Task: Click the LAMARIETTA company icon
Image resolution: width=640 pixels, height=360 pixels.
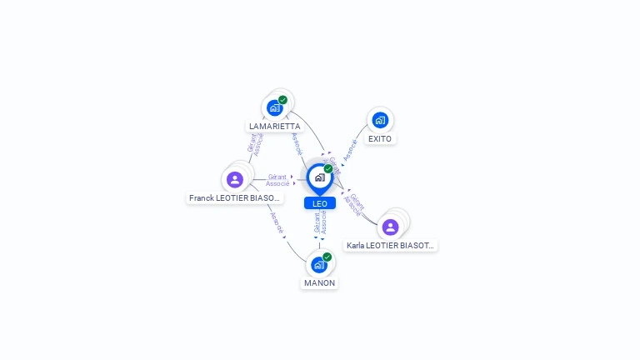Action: click(274, 107)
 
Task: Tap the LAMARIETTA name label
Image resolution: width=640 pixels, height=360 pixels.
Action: click(274, 127)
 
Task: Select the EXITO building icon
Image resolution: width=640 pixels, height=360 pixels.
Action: click(380, 120)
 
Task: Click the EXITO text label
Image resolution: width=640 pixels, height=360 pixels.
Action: click(380, 139)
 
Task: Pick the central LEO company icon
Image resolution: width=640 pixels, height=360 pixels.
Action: click(319, 177)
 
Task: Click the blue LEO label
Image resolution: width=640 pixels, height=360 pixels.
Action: click(320, 203)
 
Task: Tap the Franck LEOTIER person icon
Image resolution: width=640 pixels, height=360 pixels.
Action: click(235, 179)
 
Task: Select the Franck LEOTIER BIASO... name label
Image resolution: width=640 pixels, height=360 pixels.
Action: click(235, 198)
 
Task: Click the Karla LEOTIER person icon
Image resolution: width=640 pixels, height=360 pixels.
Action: click(390, 227)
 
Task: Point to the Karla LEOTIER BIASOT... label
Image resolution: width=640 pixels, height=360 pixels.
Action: click(391, 246)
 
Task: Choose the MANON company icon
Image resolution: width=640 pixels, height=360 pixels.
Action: click(319, 265)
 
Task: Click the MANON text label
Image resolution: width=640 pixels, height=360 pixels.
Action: click(319, 283)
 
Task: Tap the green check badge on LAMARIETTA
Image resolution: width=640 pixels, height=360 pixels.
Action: click(282, 100)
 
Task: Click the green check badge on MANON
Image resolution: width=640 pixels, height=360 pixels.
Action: click(327, 257)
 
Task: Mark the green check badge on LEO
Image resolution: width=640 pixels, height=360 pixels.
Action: click(328, 168)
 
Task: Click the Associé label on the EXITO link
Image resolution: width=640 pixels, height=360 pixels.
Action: click(351, 149)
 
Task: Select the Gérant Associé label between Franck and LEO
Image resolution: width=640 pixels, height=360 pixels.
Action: click(277, 180)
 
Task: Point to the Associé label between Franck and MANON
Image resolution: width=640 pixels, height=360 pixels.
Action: click(276, 222)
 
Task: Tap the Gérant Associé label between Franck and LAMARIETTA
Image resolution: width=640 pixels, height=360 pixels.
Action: click(255, 144)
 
